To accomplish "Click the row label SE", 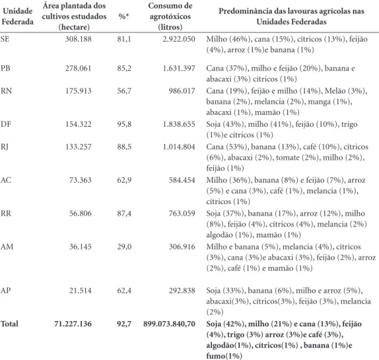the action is point(5,39).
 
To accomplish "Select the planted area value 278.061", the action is point(78,68).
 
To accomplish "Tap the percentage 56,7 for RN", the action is point(124,91).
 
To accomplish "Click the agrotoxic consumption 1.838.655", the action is point(179,124).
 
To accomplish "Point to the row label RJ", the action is point(5,147).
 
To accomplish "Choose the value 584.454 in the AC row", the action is point(182,180).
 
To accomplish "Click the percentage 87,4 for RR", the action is point(124,213).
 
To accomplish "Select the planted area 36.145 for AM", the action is point(81,247).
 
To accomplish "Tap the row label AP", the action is point(6,290).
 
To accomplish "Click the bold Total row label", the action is point(10,324).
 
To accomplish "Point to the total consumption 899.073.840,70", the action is point(169,324).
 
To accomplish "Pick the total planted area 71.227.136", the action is point(73,324).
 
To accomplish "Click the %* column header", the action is point(124,16).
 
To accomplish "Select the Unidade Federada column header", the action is point(18,16).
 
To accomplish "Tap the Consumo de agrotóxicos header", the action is point(170,16).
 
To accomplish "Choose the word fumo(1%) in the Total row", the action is point(224,356).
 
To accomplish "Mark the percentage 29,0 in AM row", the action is point(124,247).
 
